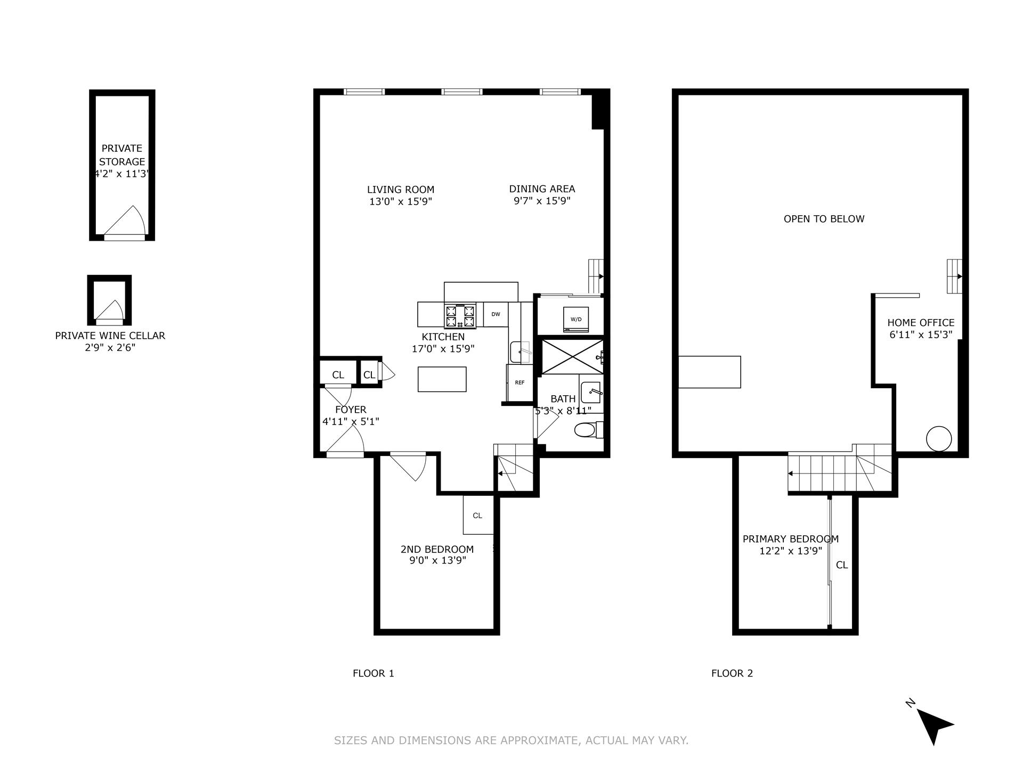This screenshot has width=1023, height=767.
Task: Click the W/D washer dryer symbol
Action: (576, 319)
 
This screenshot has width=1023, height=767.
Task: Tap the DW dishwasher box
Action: (496, 314)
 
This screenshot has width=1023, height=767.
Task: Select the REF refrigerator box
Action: (519, 382)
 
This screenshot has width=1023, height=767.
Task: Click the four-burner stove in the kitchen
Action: (459, 315)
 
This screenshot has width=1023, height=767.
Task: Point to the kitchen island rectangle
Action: (442, 379)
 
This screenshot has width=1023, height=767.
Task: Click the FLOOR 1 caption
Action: (373, 673)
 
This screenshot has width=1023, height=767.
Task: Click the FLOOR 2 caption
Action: (732, 673)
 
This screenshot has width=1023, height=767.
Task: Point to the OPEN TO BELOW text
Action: (824, 219)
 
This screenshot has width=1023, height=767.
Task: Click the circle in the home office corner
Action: (938, 439)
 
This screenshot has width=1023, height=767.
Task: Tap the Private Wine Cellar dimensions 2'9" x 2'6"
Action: (110, 347)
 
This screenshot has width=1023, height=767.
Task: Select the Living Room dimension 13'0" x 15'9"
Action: (400, 201)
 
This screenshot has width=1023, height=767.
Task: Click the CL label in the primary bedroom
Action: (842, 565)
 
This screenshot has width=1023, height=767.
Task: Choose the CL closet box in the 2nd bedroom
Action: (477, 515)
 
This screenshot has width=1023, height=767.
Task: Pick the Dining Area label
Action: (542, 189)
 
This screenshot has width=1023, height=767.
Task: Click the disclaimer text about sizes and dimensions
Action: (511, 740)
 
